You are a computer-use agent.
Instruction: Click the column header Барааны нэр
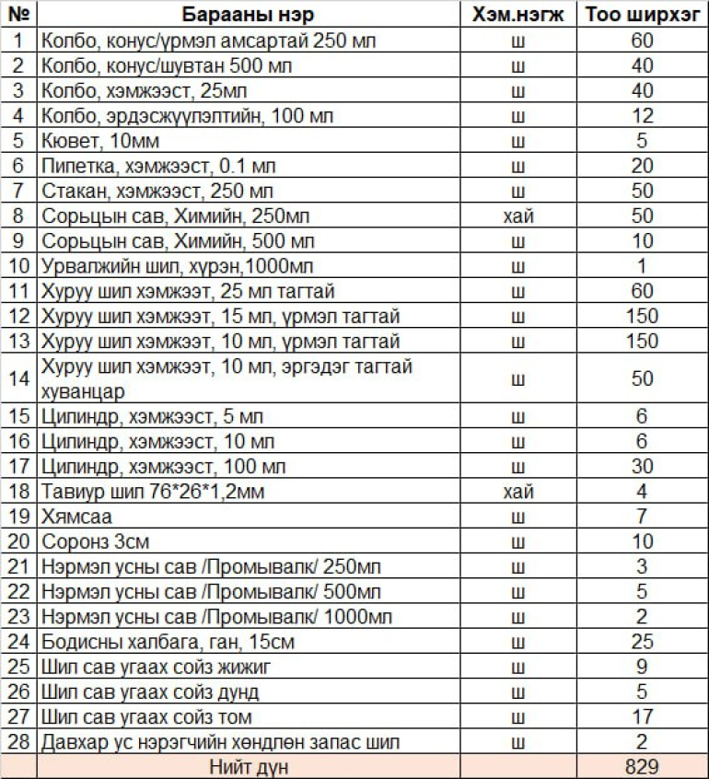(248, 15)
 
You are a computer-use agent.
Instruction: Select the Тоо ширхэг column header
(642, 15)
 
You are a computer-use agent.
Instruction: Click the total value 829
(642, 766)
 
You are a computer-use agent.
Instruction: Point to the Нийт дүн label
(248, 766)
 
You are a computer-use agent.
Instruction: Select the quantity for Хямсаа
(642, 517)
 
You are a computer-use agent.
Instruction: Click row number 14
(19, 378)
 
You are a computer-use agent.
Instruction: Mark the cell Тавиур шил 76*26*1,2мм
(153, 492)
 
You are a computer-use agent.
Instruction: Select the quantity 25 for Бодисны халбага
(642, 642)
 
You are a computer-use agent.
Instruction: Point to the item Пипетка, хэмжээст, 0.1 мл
(157, 167)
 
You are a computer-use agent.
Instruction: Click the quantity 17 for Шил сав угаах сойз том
(642, 716)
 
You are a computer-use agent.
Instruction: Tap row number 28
(19, 741)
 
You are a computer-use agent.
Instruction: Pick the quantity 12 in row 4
(642, 116)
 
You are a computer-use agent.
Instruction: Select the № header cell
(19, 15)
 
